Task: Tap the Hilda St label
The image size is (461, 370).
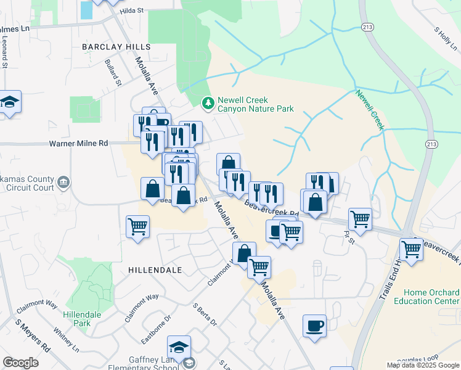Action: (x=131, y=10)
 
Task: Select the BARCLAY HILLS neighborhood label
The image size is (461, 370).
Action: (x=116, y=47)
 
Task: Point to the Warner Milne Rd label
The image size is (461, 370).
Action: (x=78, y=143)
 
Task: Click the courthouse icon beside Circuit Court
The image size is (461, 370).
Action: (x=63, y=183)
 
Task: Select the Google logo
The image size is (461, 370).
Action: (x=20, y=362)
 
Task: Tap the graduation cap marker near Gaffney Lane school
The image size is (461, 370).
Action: (x=179, y=348)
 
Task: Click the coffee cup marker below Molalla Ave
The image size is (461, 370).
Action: (x=314, y=326)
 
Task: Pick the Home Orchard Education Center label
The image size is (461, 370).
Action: (x=431, y=297)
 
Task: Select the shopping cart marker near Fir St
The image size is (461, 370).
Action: (x=360, y=218)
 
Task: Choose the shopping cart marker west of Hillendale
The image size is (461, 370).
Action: (x=137, y=226)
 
